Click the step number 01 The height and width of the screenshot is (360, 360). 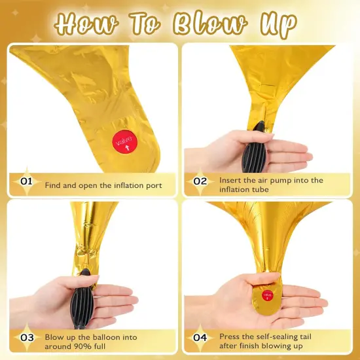click(26, 181)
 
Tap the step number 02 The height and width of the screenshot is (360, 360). click(200, 181)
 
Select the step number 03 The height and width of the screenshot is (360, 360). click(27, 338)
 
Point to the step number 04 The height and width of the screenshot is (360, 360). click(200, 338)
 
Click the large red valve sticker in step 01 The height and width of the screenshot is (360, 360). click(124, 142)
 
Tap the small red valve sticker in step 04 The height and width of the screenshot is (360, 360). click(268, 295)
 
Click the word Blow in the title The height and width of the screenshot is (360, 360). click(210, 25)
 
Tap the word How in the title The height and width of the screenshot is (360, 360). click(86, 25)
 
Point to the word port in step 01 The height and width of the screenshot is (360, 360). click(154, 186)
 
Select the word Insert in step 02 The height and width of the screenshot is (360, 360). click(230, 180)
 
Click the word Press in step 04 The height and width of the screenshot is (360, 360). click(230, 336)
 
